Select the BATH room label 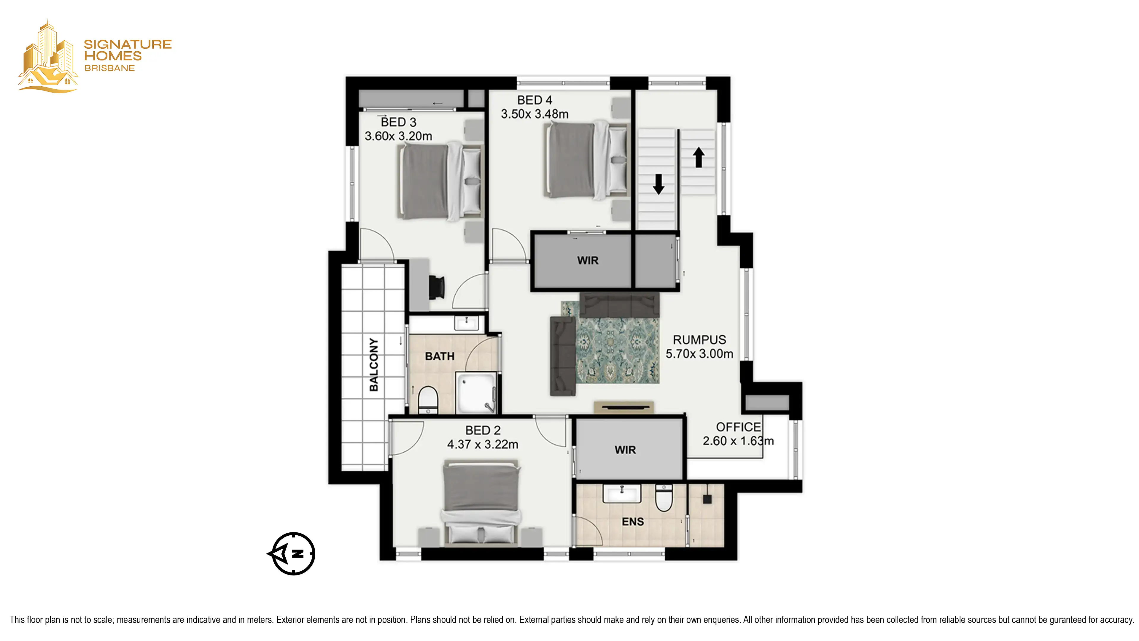pyautogui.click(x=440, y=356)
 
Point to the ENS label pyautogui.click(x=633, y=522)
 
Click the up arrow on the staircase pyautogui.click(x=699, y=158)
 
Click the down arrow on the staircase pyautogui.click(x=659, y=184)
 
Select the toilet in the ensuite pyautogui.click(x=664, y=498)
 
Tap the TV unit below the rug pyautogui.click(x=623, y=407)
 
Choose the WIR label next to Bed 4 pyautogui.click(x=588, y=261)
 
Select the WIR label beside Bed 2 pyautogui.click(x=625, y=450)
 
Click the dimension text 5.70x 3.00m pyautogui.click(x=699, y=354)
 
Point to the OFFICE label pyautogui.click(x=738, y=427)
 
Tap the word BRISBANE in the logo pyautogui.click(x=110, y=68)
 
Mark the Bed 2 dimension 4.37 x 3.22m pyautogui.click(x=483, y=444)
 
